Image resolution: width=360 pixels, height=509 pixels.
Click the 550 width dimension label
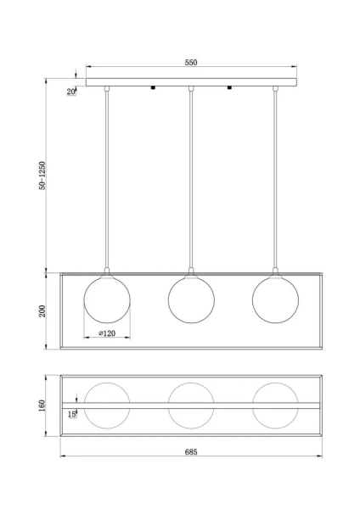click(191, 62)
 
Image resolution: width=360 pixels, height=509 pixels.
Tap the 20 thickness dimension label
click(71, 92)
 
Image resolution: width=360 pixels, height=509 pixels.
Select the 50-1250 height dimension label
click(42, 176)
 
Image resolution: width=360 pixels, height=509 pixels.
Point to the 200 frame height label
click(42, 311)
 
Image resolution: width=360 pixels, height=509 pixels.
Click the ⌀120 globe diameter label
click(107, 333)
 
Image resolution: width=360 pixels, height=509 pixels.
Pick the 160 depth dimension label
click(42, 406)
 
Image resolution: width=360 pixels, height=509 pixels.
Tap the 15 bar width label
click(72, 414)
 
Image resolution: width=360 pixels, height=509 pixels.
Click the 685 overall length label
click(191, 451)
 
